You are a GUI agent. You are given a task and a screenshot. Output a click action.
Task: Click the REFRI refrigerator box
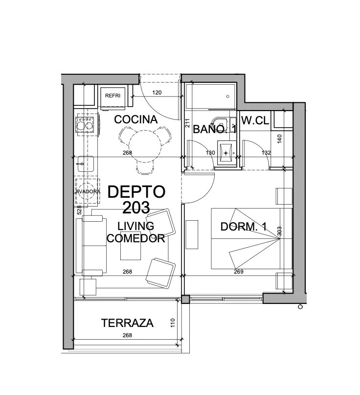(113, 98)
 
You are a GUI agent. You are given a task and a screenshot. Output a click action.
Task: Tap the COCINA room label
(135, 119)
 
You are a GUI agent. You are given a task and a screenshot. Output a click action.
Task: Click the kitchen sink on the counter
(85, 164)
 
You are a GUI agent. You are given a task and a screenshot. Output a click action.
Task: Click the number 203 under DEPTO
(136, 208)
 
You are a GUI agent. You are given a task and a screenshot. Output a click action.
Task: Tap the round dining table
(145, 146)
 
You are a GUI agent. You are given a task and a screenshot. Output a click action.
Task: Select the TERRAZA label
(127, 323)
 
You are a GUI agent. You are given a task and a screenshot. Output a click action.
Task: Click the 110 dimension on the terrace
(173, 323)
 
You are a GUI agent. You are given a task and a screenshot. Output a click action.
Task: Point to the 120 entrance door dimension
(157, 93)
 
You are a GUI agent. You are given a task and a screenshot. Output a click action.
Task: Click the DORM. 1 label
(244, 227)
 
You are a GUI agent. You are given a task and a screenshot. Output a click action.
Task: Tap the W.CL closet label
(255, 121)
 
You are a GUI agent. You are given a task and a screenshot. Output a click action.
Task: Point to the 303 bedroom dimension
(279, 231)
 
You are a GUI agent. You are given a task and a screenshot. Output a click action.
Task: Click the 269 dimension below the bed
(238, 272)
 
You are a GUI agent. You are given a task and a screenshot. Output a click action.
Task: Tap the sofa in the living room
(91, 246)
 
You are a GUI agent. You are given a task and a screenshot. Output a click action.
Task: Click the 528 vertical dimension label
(79, 210)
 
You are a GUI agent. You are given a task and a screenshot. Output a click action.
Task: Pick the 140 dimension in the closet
(279, 139)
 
